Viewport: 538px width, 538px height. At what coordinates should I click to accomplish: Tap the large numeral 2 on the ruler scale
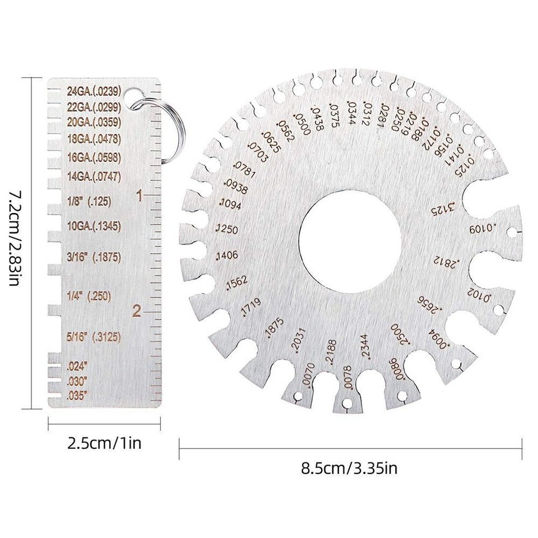[137, 312]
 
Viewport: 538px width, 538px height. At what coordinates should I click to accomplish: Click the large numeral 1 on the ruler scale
[140, 196]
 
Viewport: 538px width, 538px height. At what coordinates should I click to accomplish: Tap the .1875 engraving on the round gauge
[276, 328]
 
